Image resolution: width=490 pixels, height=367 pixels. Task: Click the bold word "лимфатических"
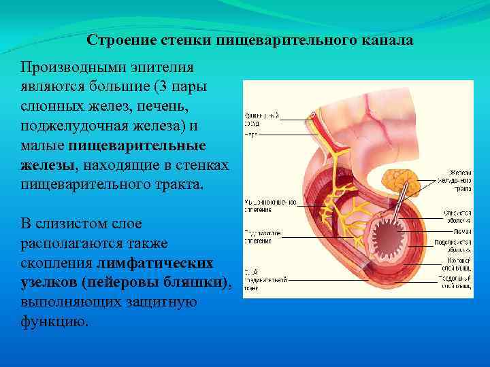tap(154, 263)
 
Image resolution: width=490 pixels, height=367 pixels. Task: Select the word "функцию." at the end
tap(54, 321)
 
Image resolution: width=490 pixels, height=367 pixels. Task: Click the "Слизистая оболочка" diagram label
tap(458, 216)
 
